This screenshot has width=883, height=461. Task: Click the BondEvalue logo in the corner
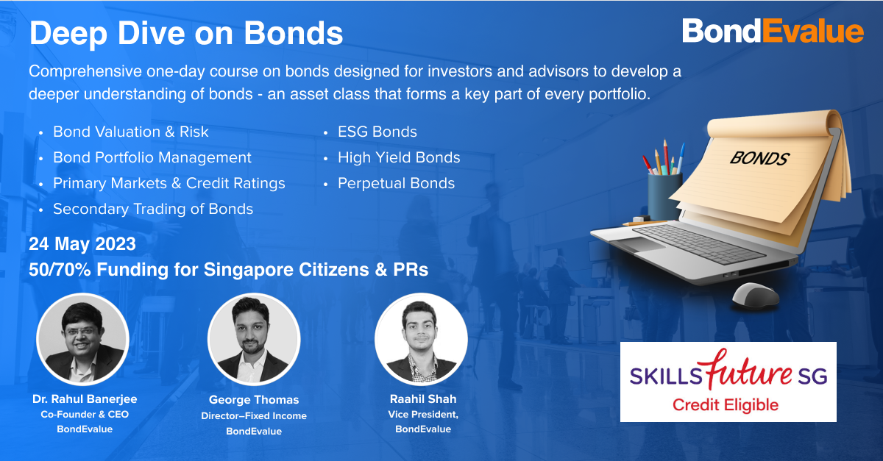pos(773,31)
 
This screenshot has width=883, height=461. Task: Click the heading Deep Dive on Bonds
pos(186,33)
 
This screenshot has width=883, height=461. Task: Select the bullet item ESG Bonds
pos(377,132)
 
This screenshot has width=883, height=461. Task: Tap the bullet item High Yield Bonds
pos(399,157)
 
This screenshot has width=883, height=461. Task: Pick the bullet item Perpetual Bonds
pos(396,183)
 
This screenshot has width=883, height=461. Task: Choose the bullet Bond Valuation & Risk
pos(131,132)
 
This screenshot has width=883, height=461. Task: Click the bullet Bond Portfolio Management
pos(152,157)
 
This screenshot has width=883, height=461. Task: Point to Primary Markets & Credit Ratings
pos(169,183)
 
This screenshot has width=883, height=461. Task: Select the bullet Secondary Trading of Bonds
pos(153,209)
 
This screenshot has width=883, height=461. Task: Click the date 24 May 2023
pos(82,244)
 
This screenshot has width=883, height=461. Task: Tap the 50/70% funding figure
pos(60,270)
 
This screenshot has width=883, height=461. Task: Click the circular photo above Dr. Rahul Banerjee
pos(82,339)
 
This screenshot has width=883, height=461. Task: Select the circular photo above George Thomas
pos(254,339)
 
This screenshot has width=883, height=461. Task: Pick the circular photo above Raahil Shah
pos(422,339)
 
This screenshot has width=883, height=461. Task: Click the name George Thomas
pos(254,399)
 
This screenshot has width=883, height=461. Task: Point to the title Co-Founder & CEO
pos(85,415)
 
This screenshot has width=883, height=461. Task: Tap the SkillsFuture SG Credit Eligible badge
pos(728,382)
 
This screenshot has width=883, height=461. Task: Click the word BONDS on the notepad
pos(759,158)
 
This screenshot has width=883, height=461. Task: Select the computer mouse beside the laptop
pos(755,295)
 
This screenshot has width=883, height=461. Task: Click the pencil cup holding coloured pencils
pos(664,196)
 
